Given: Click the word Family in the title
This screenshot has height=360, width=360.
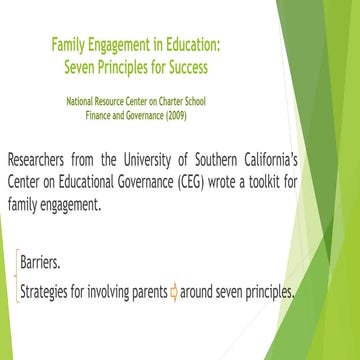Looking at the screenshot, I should pyautogui.click(x=68, y=44).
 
